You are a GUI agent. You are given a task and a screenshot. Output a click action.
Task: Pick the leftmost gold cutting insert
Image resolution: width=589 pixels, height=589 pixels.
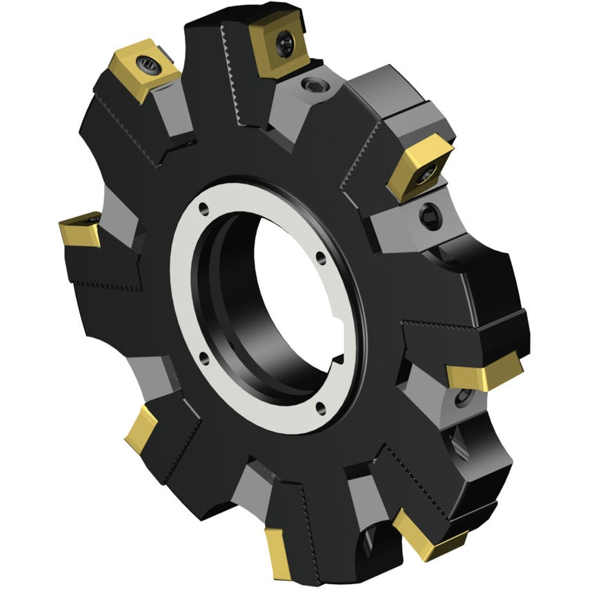[x=80, y=230]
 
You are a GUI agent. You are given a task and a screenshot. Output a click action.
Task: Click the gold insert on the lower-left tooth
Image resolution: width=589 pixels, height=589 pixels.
[x=142, y=428]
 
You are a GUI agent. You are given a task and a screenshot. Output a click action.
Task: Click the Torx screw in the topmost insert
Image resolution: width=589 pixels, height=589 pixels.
[x=285, y=44]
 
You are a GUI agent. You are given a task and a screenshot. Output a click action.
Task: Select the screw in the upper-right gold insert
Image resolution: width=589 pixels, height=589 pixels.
[x=429, y=173]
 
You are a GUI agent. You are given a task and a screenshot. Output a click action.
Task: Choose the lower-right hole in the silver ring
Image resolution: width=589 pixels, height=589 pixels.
[x=320, y=406]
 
